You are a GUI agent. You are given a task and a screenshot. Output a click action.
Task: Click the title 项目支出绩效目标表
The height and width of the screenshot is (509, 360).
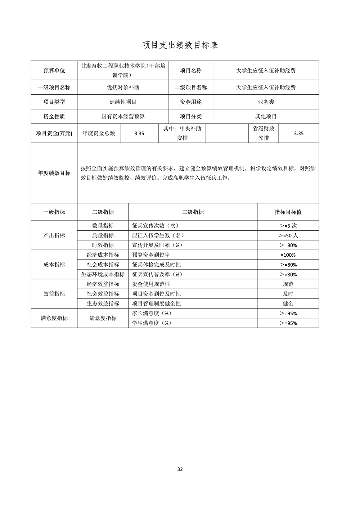(180, 45)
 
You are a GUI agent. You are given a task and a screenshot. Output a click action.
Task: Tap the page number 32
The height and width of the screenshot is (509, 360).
(180, 469)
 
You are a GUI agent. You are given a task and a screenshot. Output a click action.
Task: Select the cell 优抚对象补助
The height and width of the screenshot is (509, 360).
(123, 87)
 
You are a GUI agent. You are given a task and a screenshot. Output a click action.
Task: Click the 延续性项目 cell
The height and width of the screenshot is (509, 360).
(123, 102)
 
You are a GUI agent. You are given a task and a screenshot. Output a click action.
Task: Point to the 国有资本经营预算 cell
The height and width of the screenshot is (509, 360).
(123, 117)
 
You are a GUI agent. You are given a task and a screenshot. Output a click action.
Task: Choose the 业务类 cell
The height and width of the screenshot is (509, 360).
(266, 102)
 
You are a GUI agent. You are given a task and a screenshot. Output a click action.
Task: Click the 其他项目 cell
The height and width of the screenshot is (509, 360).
(266, 117)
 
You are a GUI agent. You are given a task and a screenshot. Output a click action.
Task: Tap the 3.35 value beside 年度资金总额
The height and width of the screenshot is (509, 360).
(139, 133)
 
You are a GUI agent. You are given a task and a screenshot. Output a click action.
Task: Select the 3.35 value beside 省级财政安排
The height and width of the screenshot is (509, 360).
(298, 133)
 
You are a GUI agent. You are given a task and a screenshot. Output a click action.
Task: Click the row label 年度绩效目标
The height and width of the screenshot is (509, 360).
(54, 173)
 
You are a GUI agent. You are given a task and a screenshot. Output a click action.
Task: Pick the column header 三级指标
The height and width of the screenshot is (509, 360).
(193, 212)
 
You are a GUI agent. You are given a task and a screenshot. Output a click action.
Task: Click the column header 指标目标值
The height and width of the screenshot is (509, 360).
(288, 212)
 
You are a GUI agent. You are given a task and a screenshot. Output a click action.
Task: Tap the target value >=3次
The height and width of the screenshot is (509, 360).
(288, 226)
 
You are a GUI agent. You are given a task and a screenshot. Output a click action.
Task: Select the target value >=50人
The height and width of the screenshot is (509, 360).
(288, 236)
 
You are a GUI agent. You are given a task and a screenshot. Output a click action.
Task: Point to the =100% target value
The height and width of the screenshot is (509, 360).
(288, 255)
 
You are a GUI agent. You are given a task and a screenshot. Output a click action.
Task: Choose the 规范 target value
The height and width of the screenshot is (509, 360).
(288, 284)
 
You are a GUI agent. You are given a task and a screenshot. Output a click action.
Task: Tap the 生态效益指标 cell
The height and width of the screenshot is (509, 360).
(103, 303)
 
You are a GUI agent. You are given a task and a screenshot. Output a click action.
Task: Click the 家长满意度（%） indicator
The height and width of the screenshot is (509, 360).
(152, 314)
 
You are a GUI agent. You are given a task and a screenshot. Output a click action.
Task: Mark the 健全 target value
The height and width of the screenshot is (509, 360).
(288, 303)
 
